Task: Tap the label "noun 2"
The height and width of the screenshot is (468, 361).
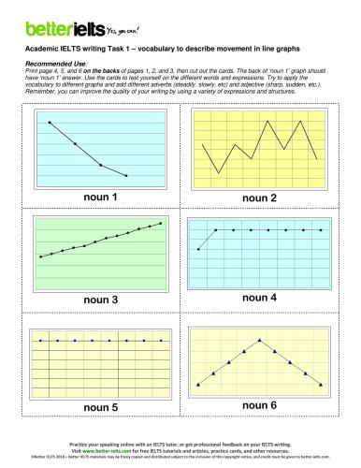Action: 260,198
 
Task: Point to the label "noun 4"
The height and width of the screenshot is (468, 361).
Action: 260,297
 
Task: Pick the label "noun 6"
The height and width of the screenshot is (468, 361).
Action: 260,405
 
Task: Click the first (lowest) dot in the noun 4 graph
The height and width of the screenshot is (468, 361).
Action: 199,249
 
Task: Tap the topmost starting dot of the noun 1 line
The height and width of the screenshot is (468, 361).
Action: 49,122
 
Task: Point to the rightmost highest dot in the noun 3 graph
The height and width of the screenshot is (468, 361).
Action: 161,223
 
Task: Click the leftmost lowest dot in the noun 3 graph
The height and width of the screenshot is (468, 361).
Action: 40,256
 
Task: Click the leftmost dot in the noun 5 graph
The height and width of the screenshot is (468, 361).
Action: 40,342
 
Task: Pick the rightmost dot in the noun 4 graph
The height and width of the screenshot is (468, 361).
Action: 321,229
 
